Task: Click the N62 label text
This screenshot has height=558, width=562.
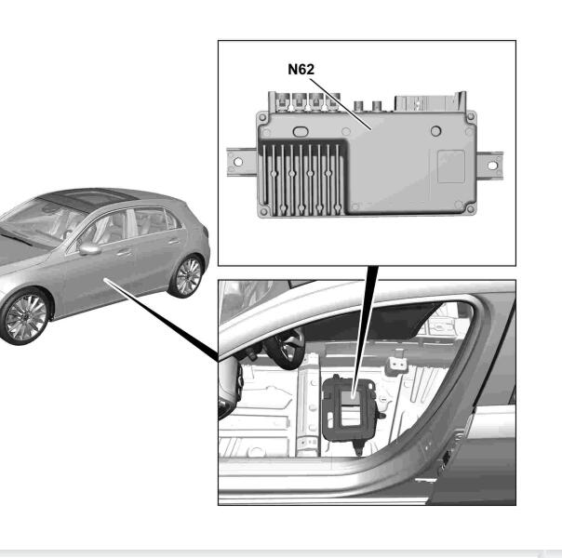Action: pyautogui.click(x=301, y=69)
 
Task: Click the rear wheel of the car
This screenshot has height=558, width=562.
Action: pyautogui.click(x=188, y=276)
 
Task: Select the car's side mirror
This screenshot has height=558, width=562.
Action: pyautogui.click(x=89, y=248)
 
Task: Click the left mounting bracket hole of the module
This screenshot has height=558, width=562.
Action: pyautogui.click(x=237, y=162)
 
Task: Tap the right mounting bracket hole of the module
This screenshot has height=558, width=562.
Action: pyautogui.click(x=492, y=166)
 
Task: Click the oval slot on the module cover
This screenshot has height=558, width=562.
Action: pyautogui.click(x=301, y=132)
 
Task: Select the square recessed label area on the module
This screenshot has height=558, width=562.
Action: pyautogui.click(x=451, y=166)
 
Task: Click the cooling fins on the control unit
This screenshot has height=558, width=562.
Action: pyautogui.click(x=301, y=179)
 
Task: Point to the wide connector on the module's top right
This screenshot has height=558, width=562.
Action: pyautogui.click(x=429, y=103)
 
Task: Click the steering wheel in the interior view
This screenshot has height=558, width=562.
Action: pyautogui.click(x=286, y=349)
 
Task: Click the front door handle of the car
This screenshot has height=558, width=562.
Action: pyautogui.click(x=124, y=253)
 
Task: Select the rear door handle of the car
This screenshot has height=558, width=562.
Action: pyautogui.click(x=174, y=241)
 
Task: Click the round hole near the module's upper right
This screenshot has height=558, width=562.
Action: pyautogui.click(x=435, y=131)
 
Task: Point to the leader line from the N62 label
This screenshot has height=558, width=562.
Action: pyautogui.click(x=341, y=104)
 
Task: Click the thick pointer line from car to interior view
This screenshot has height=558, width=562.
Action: pyautogui.click(x=161, y=320)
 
